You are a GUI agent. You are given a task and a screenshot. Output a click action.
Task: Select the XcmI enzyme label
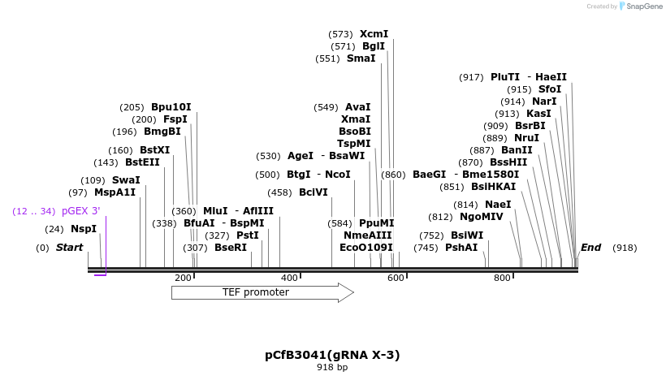[374, 34]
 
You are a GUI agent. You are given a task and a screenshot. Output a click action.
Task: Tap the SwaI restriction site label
[126, 180]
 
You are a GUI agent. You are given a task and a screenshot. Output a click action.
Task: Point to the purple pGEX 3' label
[80, 211]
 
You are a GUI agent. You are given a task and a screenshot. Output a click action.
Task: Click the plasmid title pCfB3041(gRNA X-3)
[332, 355]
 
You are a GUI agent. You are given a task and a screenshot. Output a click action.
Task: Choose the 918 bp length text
[332, 368]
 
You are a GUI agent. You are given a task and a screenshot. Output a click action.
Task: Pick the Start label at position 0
[69, 248]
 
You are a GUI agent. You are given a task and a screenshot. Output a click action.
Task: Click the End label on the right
[590, 248]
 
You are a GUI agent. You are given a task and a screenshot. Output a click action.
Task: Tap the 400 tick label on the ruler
[289, 279]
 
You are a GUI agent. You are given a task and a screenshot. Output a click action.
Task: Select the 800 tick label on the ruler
[502, 279]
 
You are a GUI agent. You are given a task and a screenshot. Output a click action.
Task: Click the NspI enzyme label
[84, 229]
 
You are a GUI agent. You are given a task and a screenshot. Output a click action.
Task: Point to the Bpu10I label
[171, 107]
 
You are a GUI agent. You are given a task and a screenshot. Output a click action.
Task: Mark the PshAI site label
[461, 248]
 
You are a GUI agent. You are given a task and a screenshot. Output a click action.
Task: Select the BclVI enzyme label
[314, 192]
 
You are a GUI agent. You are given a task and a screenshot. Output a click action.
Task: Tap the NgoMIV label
[482, 217]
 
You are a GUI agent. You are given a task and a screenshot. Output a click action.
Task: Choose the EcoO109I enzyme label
[366, 248]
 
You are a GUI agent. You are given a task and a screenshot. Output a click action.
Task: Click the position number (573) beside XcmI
[340, 34]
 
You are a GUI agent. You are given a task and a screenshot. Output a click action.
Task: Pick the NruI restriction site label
[527, 138]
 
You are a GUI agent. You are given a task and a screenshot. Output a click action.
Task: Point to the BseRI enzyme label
[231, 248]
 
